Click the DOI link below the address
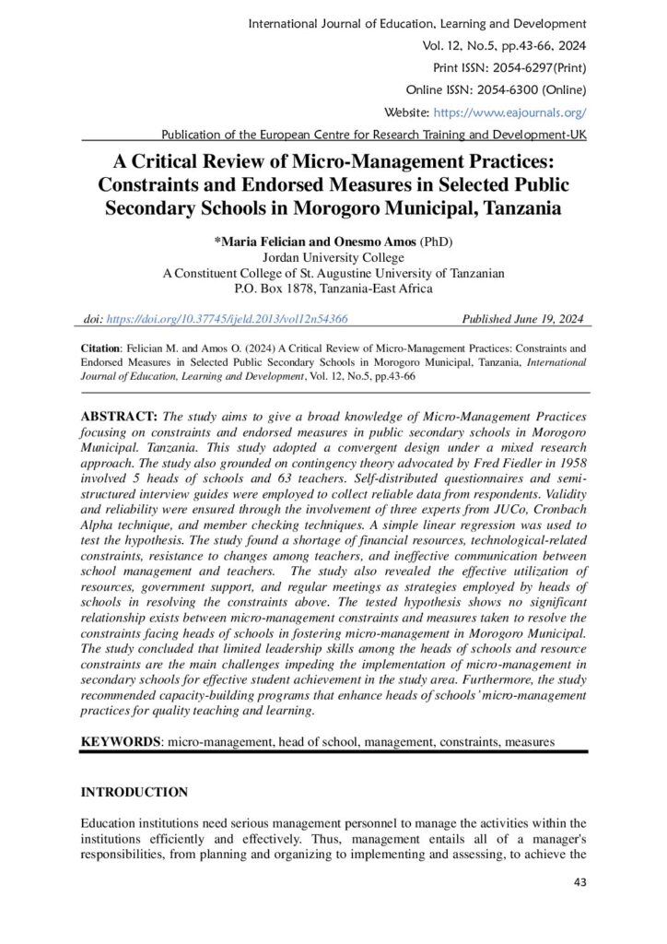pyautogui.click(x=228, y=318)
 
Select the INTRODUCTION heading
pyautogui.click(x=135, y=792)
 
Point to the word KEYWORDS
pyautogui.click(x=120, y=741)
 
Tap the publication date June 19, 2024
pyautogui.click(x=546, y=318)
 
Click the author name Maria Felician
pyautogui.click(x=263, y=242)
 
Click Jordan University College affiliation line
pyautogui.click(x=333, y=257)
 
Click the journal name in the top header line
pyautogui.click(x=417, y=22)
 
